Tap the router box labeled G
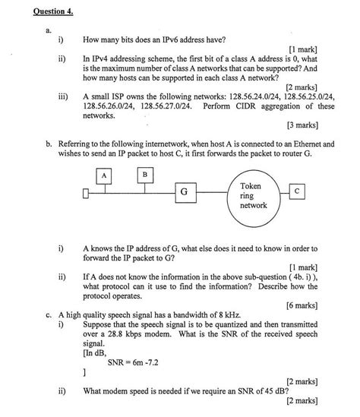(184, 192)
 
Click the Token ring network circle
(253, 196)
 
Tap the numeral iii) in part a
(63, 96)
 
